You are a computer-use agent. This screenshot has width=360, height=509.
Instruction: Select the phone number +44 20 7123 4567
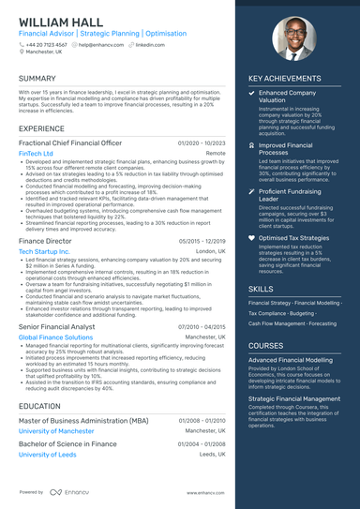(x=46, y=44)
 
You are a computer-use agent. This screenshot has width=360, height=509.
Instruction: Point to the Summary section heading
(x=37, y=78)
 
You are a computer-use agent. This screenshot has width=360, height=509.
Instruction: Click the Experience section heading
(x=41, y=127)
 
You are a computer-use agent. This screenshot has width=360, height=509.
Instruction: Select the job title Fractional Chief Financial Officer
(x=72, y=142)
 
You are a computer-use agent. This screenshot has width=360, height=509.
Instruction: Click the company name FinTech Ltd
(x=36, y=153)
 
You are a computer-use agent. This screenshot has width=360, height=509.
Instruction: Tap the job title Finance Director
(x=44, y=241)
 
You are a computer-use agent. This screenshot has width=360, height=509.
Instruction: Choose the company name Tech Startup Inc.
(x=44, y=252)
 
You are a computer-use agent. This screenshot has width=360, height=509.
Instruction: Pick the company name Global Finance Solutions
(x=55, y=337)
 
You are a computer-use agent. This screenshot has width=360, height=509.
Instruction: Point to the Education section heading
(x=39, y=406)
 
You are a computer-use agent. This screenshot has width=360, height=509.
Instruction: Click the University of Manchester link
(x=57, y=430)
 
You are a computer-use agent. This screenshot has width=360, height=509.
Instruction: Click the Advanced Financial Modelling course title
(x=290, y=359)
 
